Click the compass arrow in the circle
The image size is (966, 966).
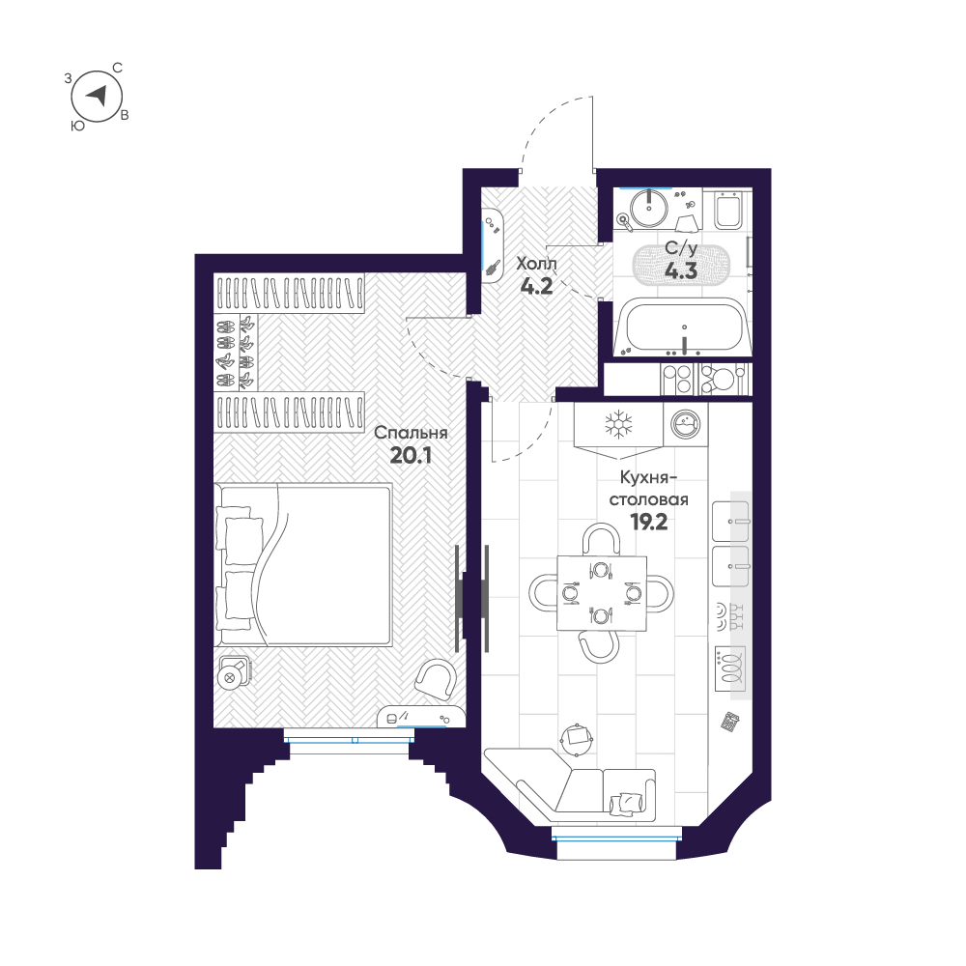(98, 96)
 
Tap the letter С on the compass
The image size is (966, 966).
(117, 68)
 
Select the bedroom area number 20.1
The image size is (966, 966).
(411, 455)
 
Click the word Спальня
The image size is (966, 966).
(411, 433)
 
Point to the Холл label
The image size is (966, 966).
(536, 264)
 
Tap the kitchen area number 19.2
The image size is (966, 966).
(649, 523)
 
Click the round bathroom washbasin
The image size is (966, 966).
(649, 208)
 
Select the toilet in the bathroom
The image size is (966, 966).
(727, 210)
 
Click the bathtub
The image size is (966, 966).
(683, 327)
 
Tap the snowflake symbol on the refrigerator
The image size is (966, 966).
(618, 424)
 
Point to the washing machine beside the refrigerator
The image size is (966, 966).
(685, 424)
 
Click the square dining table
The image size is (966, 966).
(602, 593)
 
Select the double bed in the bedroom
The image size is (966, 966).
(303, 565)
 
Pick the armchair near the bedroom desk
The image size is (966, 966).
(437, 679)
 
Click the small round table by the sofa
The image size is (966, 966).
(578, 737)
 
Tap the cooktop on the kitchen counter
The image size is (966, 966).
(730, 668)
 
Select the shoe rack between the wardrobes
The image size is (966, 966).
(236, 352)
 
